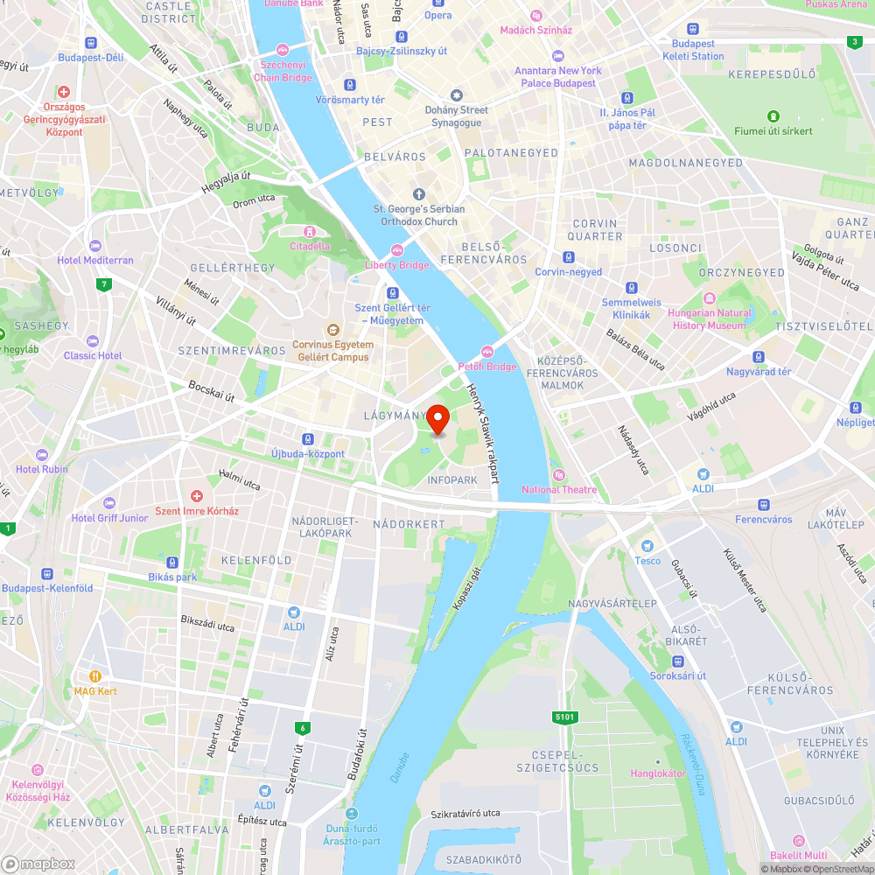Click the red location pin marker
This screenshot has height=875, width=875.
click(438, 419)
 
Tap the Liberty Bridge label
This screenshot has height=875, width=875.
click(397, 264)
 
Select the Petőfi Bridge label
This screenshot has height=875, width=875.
click(487, 366)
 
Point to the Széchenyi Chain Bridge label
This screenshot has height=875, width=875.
click(283, 71)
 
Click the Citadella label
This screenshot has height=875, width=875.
click(310, 245)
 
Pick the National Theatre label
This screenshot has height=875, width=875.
click(559, 489)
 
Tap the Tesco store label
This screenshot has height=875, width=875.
click(647, 560)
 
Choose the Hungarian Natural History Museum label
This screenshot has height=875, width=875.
click(709, 318)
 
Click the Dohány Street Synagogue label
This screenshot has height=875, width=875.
click(456, 115)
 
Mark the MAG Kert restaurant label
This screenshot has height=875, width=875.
click(95, 690)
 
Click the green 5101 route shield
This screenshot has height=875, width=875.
click(565, 717)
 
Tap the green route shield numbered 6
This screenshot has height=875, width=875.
click(303, 727)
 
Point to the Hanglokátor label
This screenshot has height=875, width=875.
click(658, 773)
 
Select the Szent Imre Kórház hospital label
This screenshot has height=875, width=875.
click(196, 510)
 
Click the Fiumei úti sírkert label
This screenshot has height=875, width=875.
click(773, 130)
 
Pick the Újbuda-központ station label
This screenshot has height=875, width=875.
click(307, 453)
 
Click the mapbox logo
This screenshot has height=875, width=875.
click(39, 863)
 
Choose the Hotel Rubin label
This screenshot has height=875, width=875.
click(42, 468)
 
